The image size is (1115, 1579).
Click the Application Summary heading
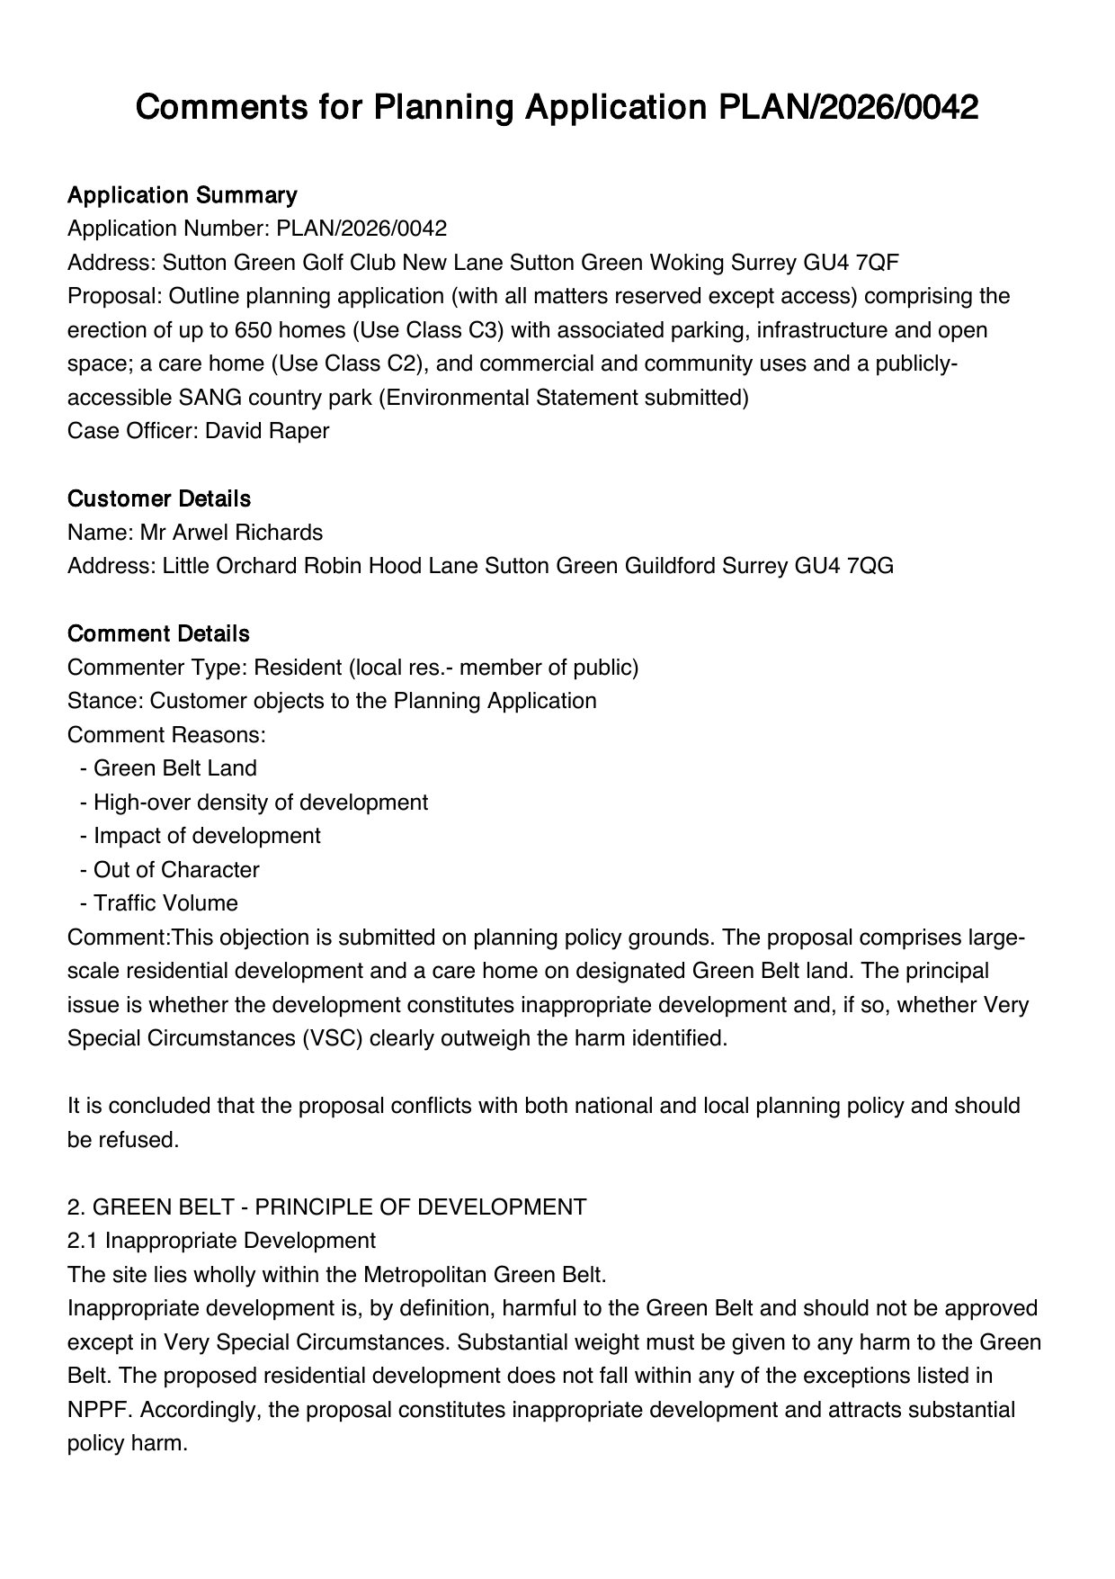point(182,195)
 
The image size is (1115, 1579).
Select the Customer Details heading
point(159,498)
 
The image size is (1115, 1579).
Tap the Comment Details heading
point(158,633)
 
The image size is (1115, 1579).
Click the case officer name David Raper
point(267,431)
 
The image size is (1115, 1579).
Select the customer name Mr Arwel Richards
point(231,533)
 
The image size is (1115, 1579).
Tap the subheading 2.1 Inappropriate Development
point(221,1241)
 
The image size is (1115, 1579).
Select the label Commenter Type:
point(157,668)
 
